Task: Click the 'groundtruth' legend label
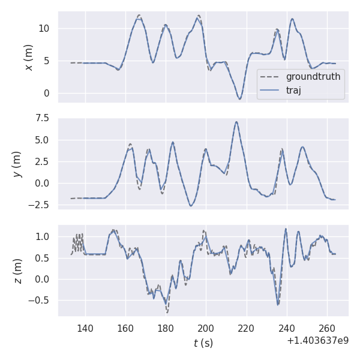[x=313, y=77]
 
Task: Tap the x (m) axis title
[x=28, y=57]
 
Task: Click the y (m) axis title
[x=17, y=163]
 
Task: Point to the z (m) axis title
[x=17, y=271]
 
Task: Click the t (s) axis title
[x=203, y=343]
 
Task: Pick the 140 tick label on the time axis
[x=85, y=328]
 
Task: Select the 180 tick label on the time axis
[x=166, y=328]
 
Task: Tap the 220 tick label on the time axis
[x=247, y=328]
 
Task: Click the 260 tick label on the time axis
[x=327, y=328]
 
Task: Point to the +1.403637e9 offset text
[x=317, y=341]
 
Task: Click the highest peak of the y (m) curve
[x=236, y=122]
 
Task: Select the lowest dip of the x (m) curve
[x=239, y=99]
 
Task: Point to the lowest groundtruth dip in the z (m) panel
[x=167, y=313]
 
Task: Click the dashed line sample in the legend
[x=271, y=77]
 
